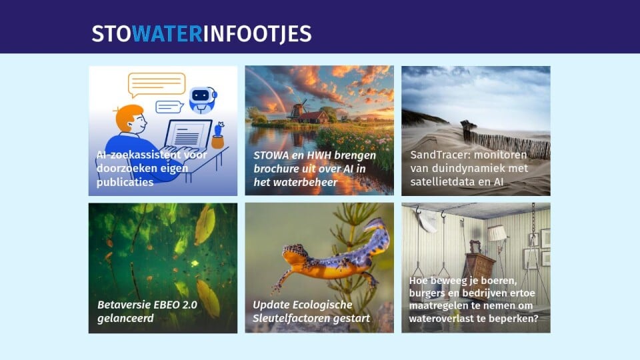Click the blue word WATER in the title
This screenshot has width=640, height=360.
point(167,34)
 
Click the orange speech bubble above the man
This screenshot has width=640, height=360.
point(156,85)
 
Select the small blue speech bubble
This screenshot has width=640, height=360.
point(169,107)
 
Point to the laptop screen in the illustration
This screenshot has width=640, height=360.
point(189,133)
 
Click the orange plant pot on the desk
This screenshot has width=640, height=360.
point(217,142)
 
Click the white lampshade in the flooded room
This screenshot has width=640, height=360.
point(497,233)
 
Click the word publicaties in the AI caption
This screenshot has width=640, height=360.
point(125,182)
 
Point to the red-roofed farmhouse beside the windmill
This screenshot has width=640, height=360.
point(314,117)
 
